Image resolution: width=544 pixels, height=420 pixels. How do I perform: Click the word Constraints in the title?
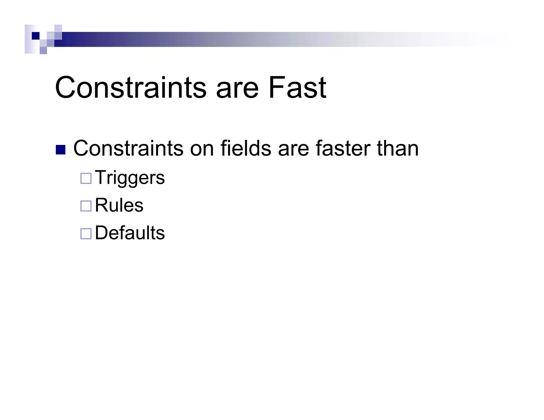coord(130,87)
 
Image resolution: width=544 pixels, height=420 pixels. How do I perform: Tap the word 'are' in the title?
coord(237,90)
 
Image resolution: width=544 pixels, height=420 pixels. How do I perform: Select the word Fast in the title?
coord(297,87)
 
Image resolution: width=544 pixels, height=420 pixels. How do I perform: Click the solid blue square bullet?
coord(61,150)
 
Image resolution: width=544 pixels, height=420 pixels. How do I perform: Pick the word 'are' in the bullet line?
coord(294,150)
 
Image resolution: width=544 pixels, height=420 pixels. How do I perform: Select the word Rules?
coord(119,205)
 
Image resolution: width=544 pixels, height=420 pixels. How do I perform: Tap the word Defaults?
coord(130,233)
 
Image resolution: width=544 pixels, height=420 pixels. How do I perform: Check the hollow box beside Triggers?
coord(86,178)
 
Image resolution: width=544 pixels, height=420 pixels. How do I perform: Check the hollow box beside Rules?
coord(86,206)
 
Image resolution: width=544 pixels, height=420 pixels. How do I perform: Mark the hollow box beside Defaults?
coord(86,234)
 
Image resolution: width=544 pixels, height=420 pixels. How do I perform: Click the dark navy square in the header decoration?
coord(36,36)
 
